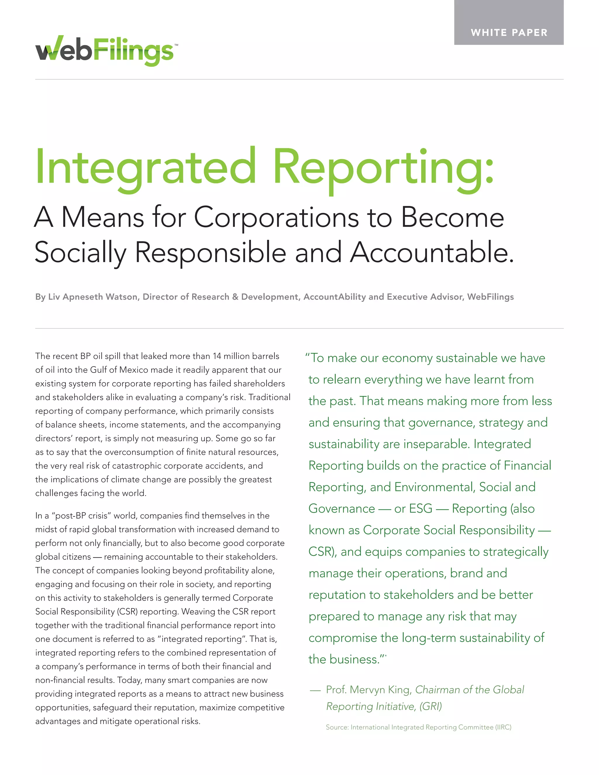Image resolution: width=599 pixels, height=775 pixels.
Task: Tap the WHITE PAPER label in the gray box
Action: [x=509, y=33]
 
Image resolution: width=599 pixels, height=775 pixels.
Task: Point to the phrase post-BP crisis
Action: [x=80, y=516]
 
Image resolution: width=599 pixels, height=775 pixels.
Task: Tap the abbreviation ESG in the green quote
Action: [x=421, y=509]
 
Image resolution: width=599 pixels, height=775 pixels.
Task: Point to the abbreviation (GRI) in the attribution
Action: [x=431, y=706]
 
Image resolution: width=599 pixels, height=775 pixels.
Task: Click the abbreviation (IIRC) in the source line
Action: [x=503, y=727]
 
